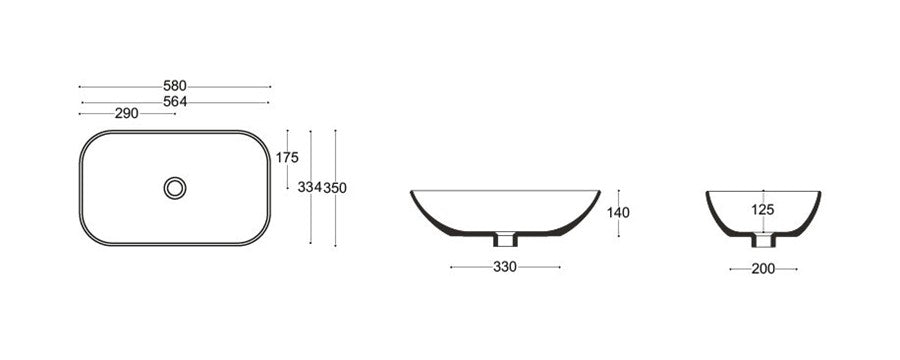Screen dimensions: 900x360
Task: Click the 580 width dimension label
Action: [174, 86]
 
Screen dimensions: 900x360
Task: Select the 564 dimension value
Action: [175, 102]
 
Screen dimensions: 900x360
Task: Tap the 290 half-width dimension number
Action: [126, 114]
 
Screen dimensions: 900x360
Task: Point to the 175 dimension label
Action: [287, 157]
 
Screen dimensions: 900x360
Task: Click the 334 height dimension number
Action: [309, 187]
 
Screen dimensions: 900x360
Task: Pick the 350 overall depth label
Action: [335, 188]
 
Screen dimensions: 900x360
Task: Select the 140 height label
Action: [618, 213]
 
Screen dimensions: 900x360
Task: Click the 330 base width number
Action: [505, 267]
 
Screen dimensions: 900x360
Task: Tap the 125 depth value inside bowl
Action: [763, 210]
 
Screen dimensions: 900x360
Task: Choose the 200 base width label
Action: [763, 269]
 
